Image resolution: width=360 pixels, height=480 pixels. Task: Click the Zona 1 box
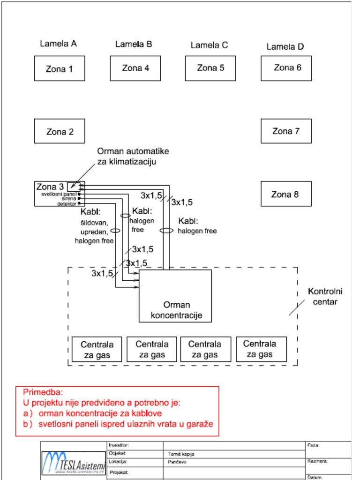click(x=60, y=68)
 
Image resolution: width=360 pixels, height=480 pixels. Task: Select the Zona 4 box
click(x=135, y=68)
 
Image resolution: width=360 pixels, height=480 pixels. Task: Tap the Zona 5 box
click(x=210, y=68)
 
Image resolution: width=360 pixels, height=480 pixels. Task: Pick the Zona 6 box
click(x=286, y=68)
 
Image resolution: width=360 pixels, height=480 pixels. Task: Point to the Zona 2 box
click(x=60, y=131)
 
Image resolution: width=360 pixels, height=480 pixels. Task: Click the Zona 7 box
click(x=286, y=131)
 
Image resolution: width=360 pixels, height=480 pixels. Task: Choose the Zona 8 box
click(x=286, y=194)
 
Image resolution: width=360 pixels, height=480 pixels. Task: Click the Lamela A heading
click(x=58, y=44)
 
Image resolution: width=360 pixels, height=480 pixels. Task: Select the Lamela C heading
click(x=209, y=45)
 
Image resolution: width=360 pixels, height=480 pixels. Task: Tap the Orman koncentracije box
click(x=175, y=296)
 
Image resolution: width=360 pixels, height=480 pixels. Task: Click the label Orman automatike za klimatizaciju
click(x=133, y=157)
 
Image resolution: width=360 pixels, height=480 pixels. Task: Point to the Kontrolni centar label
click(x=325, y=297)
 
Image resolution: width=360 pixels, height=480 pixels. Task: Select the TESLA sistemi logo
click(x=74, y=463)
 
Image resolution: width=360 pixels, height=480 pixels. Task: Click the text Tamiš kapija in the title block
click(x=181, y=454)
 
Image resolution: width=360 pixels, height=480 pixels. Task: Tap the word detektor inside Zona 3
click(x=67, y=204)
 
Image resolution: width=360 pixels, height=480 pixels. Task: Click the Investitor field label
click(x=119, y=445)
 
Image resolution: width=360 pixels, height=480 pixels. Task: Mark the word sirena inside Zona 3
click(x=69, y=199)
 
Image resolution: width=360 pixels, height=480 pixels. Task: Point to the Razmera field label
click(x=317, y=461)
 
